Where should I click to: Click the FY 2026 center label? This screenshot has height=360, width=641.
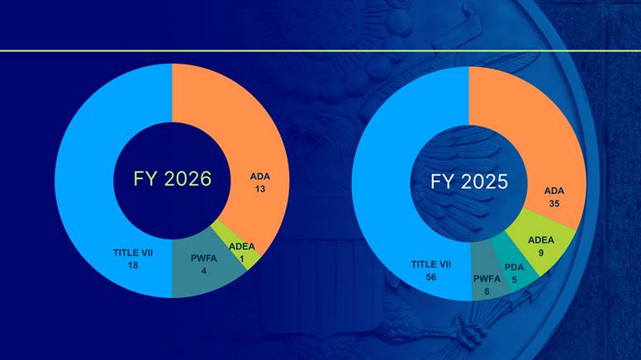(x=173, y=179)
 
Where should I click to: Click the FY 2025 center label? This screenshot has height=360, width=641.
(x=468, y=181)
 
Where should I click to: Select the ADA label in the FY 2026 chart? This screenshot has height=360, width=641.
(x=260, y=176)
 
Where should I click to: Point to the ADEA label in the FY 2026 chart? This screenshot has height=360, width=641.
(x=241, y=245)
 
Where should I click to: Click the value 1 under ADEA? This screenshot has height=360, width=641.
(x=241, y=258)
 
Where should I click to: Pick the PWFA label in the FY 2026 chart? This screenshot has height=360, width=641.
(x=203, y=258)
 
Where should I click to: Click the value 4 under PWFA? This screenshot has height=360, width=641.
(x=203, y=271)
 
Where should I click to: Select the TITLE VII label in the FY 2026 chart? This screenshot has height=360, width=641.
(x=132, y=253)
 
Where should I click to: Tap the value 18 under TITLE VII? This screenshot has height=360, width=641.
(x=132, y=266)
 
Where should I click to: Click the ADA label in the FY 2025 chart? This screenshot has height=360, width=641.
(x=554, y=191)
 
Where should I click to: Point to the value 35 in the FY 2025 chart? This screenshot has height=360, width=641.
(x=554, y=204)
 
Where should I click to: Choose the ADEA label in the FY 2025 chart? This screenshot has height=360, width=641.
(x=541, y=240)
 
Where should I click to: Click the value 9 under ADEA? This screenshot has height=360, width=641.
(x=541, y=253)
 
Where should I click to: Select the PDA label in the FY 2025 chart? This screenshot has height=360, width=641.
(x=514, y=267)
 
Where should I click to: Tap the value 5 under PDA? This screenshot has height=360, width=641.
(x=514, y=279)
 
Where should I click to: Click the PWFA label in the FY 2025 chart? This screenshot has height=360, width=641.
(x=487, y=279)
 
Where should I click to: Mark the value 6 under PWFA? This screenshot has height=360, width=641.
(x=487, y=291)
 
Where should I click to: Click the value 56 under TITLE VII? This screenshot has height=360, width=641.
(x=431, y=278)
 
